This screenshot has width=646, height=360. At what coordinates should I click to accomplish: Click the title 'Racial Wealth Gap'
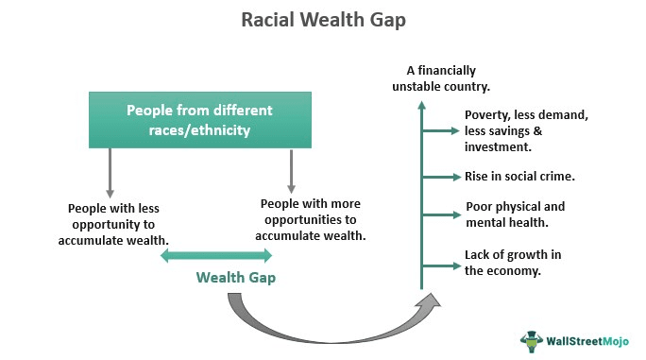click(x=323, y=19)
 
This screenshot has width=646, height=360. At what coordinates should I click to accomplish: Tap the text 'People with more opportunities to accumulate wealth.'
click(x=311, y=219)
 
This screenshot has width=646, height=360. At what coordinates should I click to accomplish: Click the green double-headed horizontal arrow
click(x=223, y=255)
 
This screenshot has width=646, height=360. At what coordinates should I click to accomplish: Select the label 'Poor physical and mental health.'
click(x=515, y=214)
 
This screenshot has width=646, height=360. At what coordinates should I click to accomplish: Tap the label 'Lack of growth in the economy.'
click(x=515, y=262)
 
